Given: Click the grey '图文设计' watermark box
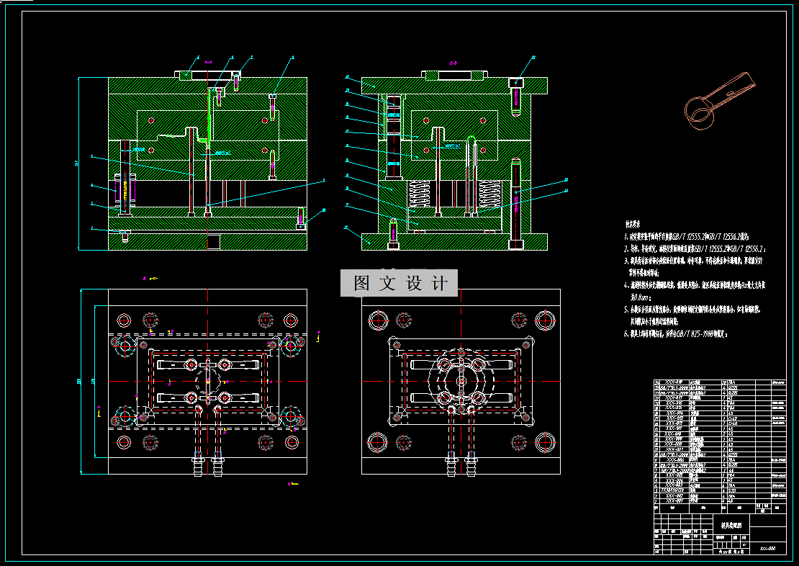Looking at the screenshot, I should (399, 283).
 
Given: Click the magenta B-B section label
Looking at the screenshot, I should (453, 63).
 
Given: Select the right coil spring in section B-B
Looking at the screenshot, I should (489, 194).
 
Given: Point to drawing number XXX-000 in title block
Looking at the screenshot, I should (767, 549).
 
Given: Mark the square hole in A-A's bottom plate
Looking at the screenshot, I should (213, 241).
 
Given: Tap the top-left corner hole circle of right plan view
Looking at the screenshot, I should (377, 319).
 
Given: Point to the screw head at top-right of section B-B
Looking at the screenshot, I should (517, 83).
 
